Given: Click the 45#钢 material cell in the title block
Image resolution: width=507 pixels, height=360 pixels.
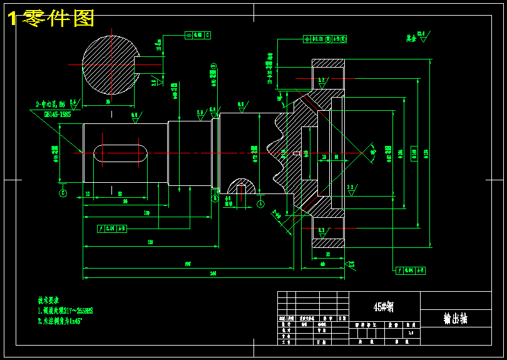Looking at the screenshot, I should click(x=383, y=307).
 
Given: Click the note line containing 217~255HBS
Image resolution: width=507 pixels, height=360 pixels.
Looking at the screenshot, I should click(x=65, y=311).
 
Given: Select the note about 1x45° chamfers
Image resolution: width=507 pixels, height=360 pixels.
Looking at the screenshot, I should click(x=60, y=321).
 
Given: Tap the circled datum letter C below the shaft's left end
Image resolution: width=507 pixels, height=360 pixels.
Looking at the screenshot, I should click(x=63, y=193).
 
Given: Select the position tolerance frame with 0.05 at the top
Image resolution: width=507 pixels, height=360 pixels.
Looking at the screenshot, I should click(x=325, y=39).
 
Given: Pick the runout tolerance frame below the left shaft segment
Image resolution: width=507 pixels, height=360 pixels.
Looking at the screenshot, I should click(x=113, y=229).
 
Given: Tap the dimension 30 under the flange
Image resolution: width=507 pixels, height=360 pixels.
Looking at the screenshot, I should click(x=328, y=254).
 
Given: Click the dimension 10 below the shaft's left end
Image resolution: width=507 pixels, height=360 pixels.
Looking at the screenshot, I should click(x=88, y=194).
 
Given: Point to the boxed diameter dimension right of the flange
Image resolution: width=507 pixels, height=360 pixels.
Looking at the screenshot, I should click(x=414, y=153).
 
